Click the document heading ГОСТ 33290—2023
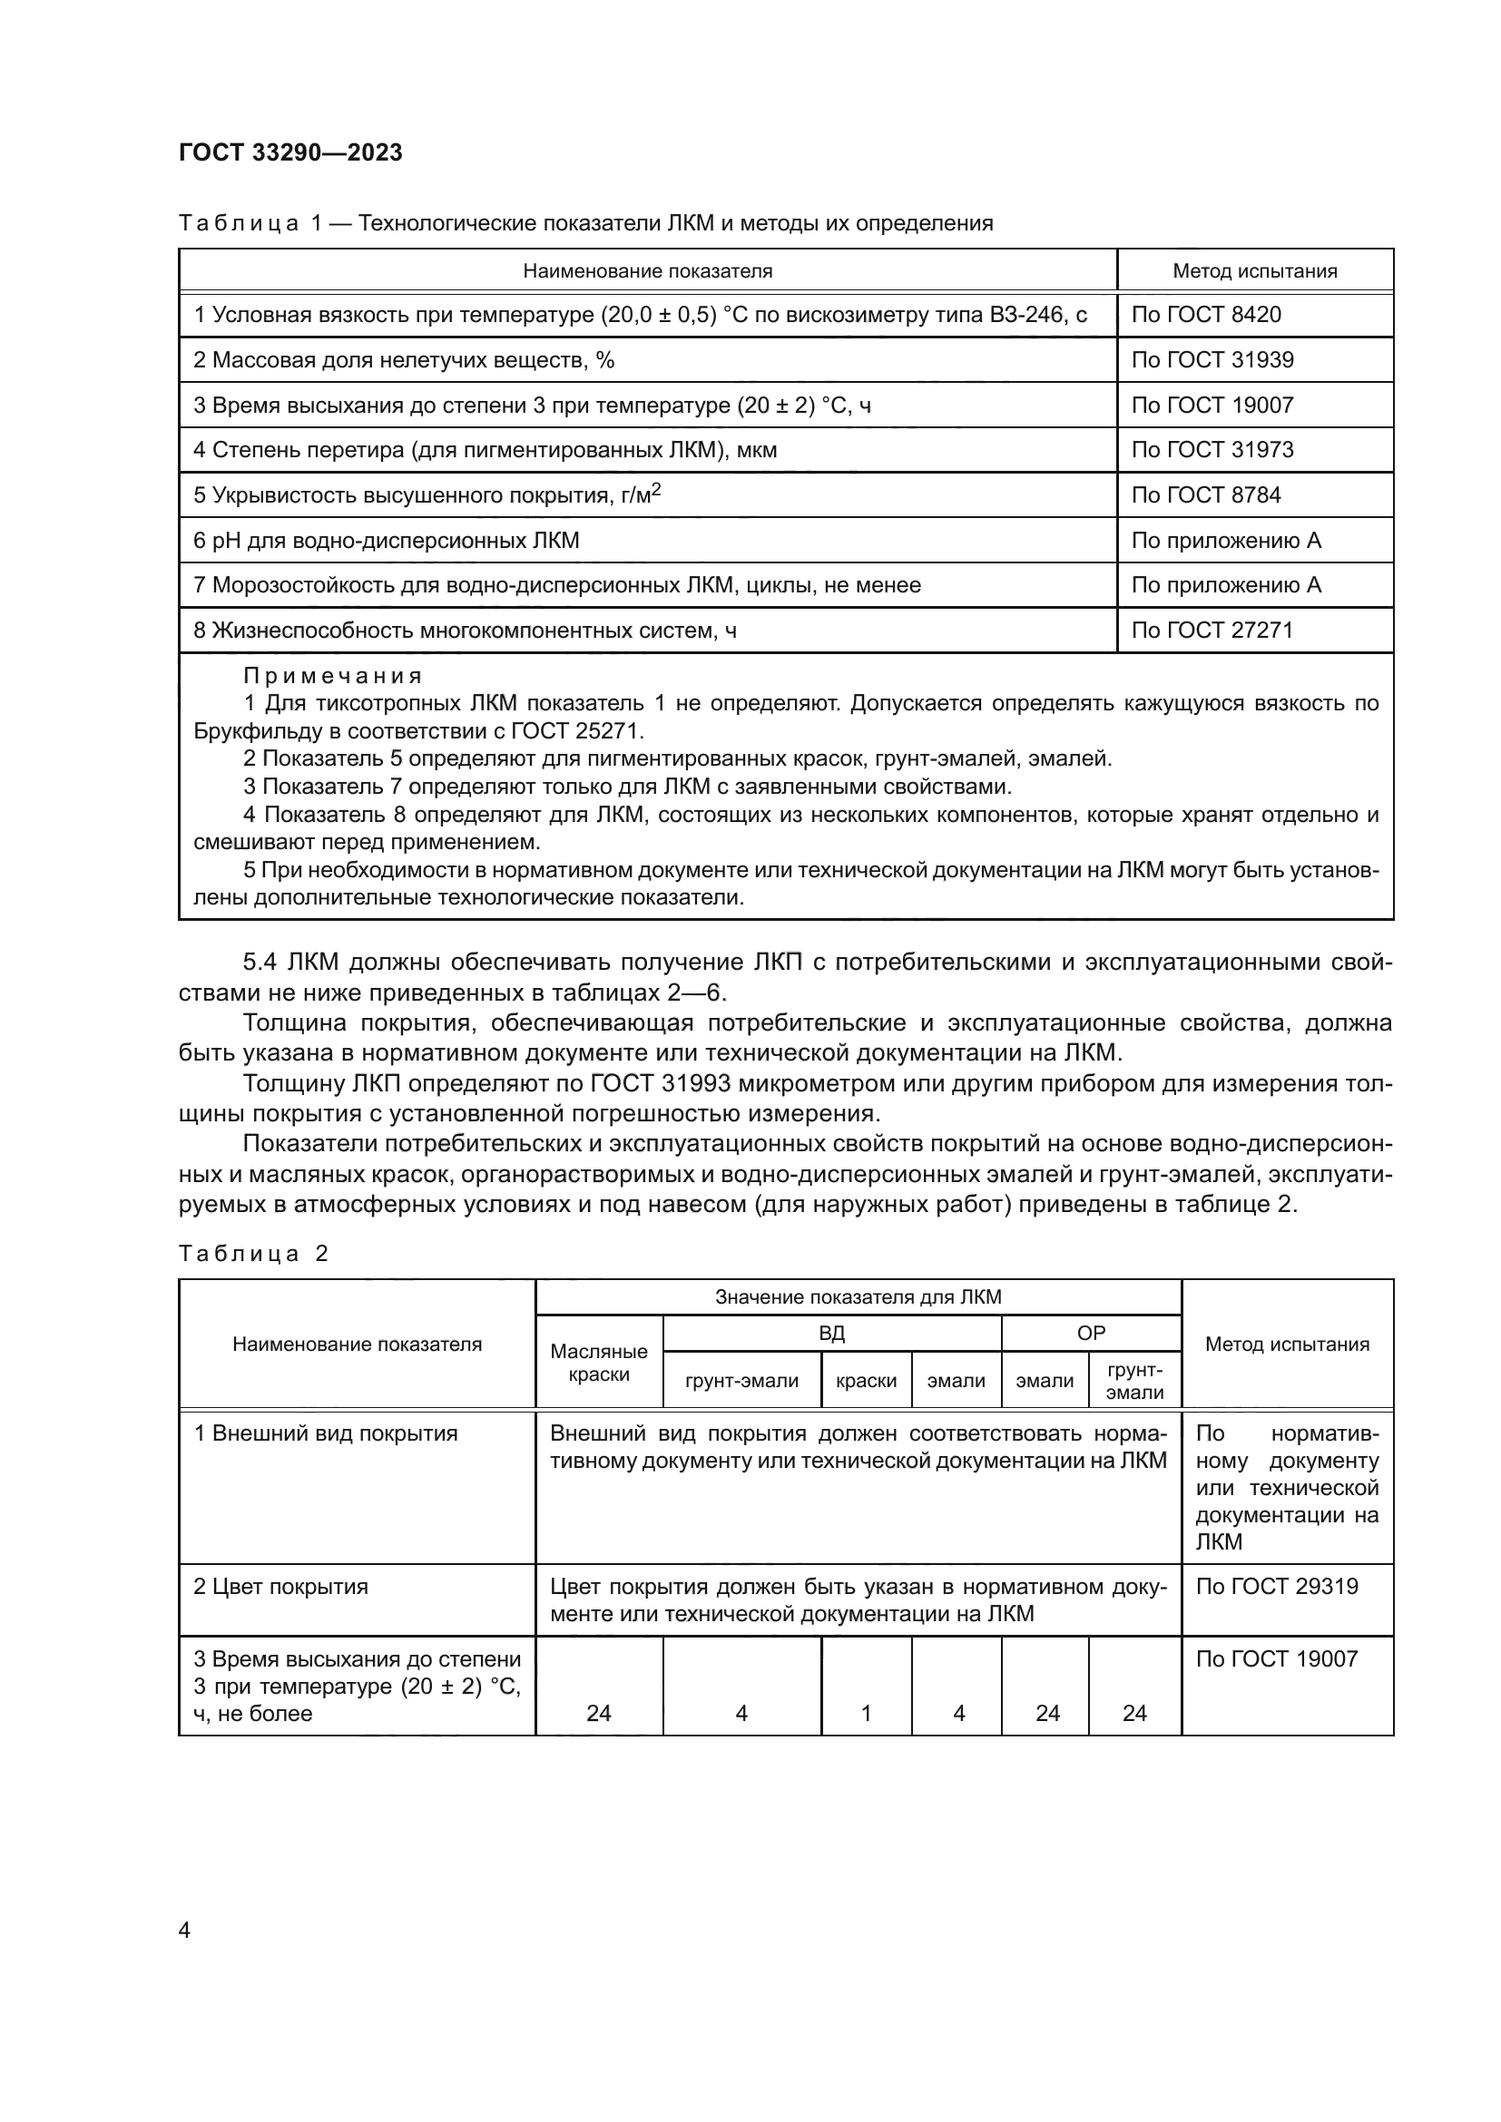coord(290,153)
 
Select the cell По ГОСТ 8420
coord(1205,315)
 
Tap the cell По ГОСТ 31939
coord(1212,360)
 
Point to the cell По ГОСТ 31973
coord(1212,450)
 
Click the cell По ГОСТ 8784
coord(1205,495)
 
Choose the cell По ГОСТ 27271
coord(1212,631)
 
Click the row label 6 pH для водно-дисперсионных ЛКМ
coord(386,541)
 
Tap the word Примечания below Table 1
coord(333,677)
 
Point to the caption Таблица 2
coord(253,1254)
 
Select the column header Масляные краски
coord(598,1363)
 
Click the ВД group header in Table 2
coord(831,1334)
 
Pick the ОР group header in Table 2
coord(1091,1334)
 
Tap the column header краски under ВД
coord(865,1381)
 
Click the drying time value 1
coord(865,1714)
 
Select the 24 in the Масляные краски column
coord(598,1714)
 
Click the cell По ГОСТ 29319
coord(1277,1587)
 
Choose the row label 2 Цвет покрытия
coord(280,1587)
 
